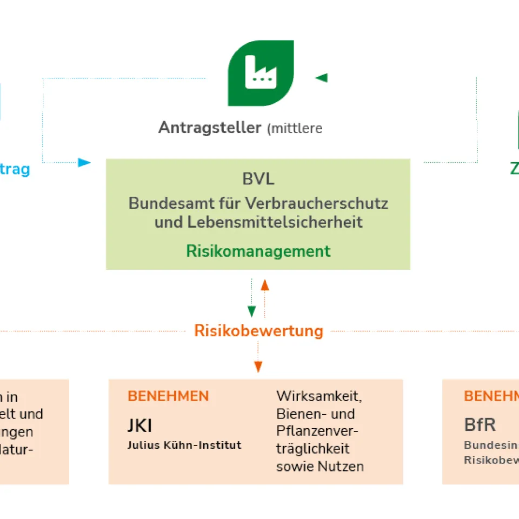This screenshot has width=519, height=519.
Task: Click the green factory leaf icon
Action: [261, 73]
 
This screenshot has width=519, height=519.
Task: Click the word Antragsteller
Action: [210, 128]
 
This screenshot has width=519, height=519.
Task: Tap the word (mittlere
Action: [295, 129]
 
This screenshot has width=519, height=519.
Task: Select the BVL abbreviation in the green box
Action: [258, 179]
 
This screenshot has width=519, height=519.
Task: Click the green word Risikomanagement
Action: [258, 251]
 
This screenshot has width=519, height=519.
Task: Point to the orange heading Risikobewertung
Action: [258, 330]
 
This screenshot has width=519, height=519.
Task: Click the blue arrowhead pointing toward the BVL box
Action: [84, 162]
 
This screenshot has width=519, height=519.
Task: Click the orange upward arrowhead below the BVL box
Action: [265, 284]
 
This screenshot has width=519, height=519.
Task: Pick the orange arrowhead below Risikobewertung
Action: [258, 367]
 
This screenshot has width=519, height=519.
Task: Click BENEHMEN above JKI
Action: [168, 396]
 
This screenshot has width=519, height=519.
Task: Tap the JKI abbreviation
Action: [139, 426]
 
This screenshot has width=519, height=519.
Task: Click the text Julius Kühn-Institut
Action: [184, 445]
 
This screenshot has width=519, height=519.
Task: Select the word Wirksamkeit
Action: [319, 396]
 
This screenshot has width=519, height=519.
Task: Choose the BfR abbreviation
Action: [480, 425]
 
